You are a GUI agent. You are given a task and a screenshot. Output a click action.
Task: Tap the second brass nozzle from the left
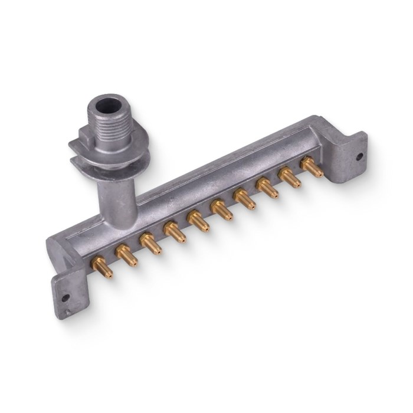click(x=126, y=255)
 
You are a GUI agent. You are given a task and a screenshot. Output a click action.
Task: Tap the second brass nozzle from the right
click(x=289, y=177)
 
